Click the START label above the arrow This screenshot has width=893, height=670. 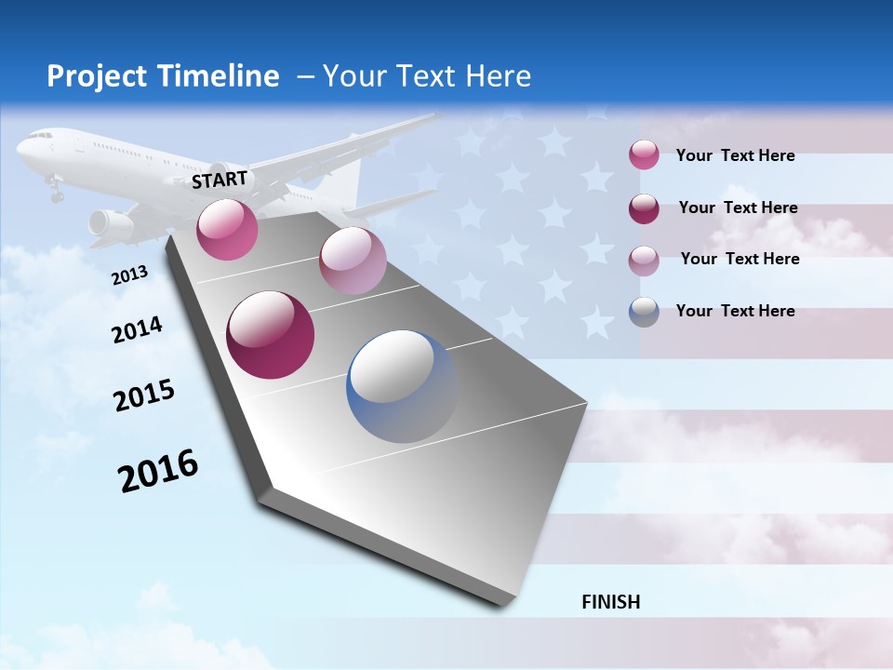pyautogui.click(x=220, y=180)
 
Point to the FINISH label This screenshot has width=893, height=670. pyautogui.click(x=611, y=602)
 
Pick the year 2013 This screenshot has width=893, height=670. pyautogui.click(x=129, y=275)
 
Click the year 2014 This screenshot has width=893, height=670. pyautogui.click(x=137, y=329)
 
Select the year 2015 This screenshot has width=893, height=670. pyautogui.click(x=144, y=395)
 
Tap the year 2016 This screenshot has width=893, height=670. pyautogui.click(x=158, y=471)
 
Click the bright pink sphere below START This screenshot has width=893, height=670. pyautogui.click(x=227, y=229)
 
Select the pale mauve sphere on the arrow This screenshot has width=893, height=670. pyautogui.click(x=353, y=261)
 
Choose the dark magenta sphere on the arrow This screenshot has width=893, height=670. pyautogui.click(x=271, y=335)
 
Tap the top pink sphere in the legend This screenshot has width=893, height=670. pyautogui.click(x=644, y=154)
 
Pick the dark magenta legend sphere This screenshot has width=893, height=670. pyautogui.click(x=644, y=208)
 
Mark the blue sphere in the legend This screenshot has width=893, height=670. pyautogui.click(x=644, y=312)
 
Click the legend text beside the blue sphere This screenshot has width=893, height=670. pyautogui.click(x=735, y=311)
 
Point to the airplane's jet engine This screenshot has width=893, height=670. pyautogui.click(x=110, y=223)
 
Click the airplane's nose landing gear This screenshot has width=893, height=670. pyautogui.click(x=56, y=193)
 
